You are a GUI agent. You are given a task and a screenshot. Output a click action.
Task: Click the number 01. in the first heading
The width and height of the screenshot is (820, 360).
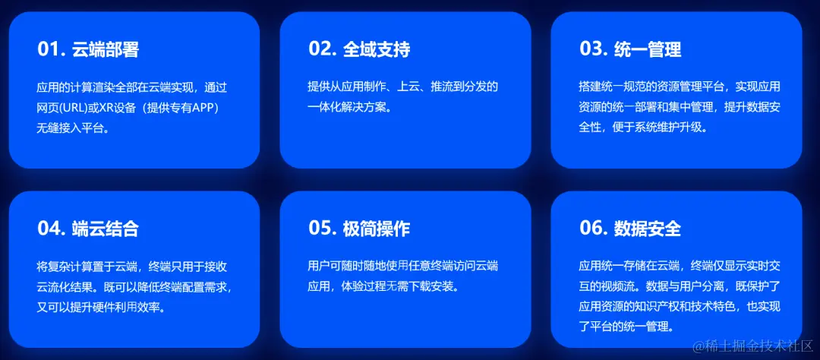tap(51, 49)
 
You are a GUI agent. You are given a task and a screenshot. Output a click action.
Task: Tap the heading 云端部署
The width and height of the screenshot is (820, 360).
tap(106, 49)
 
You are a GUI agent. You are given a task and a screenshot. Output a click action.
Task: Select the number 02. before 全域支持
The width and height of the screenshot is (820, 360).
tap(322, 49)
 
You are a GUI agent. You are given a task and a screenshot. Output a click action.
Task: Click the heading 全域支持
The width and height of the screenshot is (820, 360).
tap(377, 49)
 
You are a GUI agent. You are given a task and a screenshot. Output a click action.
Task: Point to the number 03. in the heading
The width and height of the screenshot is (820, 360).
tap(593, 49)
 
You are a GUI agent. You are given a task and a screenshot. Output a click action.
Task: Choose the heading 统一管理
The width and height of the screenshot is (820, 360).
tap(648, 49)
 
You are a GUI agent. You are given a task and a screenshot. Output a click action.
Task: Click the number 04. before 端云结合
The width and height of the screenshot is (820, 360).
tap(51, 229)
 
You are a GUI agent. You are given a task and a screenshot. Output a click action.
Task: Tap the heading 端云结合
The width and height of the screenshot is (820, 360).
tap(106, 229)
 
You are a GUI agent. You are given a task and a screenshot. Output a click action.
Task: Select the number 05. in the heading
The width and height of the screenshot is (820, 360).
tap(322, 229)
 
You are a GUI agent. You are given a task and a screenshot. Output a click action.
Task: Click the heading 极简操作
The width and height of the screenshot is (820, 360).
tap(377, 229)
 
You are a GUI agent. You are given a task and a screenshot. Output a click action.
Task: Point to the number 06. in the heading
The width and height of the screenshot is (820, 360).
tap(593, 229)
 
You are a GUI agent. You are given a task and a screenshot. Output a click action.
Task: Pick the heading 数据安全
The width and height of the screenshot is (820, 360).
tap(648, 229)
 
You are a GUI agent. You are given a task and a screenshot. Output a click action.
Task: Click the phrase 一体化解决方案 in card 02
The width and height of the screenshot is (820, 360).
tap(345, 107)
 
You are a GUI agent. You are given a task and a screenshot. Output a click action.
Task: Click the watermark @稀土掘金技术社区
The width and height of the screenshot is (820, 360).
tap(752, 347)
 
